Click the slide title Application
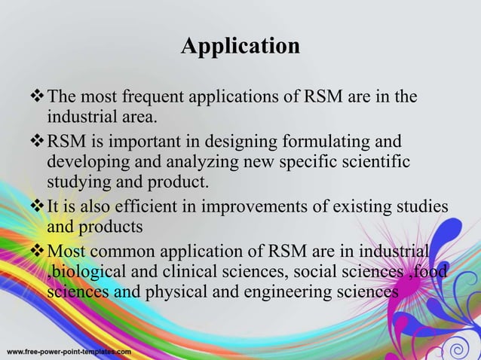point(240,47)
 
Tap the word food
point(429,271)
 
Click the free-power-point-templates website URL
point(69,352)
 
